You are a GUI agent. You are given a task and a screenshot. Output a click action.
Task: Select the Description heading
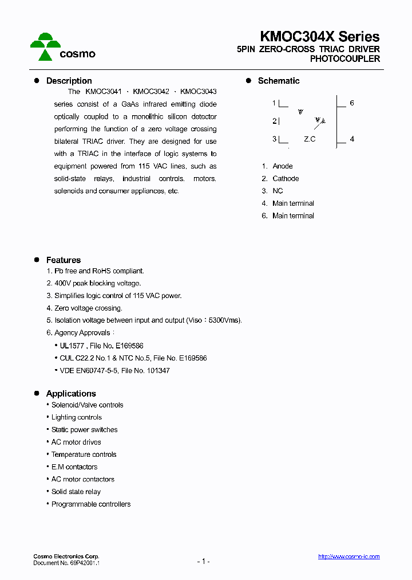(69, 81)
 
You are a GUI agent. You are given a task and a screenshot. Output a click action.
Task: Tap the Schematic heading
(278, 81)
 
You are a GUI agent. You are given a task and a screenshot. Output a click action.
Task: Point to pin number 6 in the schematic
(352, 103)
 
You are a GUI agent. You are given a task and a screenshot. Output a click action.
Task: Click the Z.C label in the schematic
(310, 139)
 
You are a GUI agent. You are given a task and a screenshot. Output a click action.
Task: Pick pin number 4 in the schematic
(352, 139)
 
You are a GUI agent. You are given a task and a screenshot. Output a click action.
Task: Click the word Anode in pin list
(282, 166)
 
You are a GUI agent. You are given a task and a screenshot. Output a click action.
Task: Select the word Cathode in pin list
(286, 179)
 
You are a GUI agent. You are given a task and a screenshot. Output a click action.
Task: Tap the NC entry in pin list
(278, 191)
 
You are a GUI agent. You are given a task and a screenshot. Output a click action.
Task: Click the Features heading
(63, 260)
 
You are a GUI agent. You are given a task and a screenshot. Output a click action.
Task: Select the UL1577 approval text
(72, 346)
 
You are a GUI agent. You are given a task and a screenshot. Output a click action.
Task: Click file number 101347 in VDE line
(159, 371)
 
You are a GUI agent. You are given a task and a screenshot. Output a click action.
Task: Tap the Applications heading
(71, 394)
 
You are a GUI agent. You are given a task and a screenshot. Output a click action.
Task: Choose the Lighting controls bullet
(77, 417)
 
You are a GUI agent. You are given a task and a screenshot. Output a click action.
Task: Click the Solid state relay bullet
(76, 492)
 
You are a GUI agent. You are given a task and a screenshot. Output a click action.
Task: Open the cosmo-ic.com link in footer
(348, 557)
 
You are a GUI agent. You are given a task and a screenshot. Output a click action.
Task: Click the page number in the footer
(203, 561)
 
